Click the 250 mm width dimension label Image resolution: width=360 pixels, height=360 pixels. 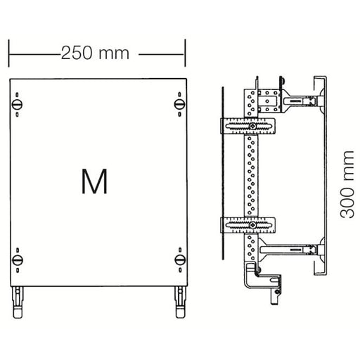96,53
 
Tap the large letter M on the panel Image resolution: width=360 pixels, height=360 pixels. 94,181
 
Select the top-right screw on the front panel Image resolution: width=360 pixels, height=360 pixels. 178,105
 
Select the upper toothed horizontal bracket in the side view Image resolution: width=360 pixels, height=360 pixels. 250,127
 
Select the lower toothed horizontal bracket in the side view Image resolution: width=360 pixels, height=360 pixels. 250,225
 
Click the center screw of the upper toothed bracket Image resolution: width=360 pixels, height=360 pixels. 250,127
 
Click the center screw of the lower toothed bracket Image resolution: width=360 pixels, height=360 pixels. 250,225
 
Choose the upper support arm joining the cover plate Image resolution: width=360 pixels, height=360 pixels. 299,103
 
